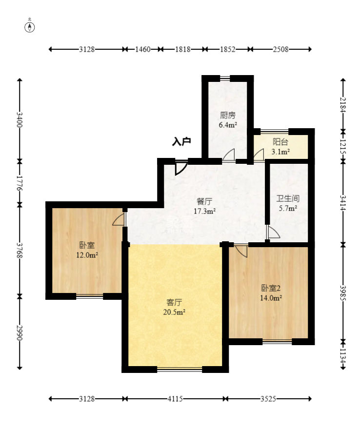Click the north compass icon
(30, 27)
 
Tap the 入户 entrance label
(181, 141)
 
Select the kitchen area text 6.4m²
(228, 125)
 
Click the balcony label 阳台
(280, 142)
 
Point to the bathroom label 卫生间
(288, 198)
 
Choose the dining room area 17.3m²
(204, 212)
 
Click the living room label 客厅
(174, 302)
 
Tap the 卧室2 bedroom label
(271, 288)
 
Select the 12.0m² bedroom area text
(87, 255)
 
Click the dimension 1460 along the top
(143, 49)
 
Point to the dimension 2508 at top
(280, 49)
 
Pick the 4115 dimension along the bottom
(175, 399)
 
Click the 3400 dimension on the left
(20, 120)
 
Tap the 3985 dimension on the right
(343, 293)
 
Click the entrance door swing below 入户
(181, 168)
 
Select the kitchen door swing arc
(229, 156)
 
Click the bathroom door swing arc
(273, 232)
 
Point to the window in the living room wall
(180, 370)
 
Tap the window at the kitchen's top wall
(225, 78)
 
